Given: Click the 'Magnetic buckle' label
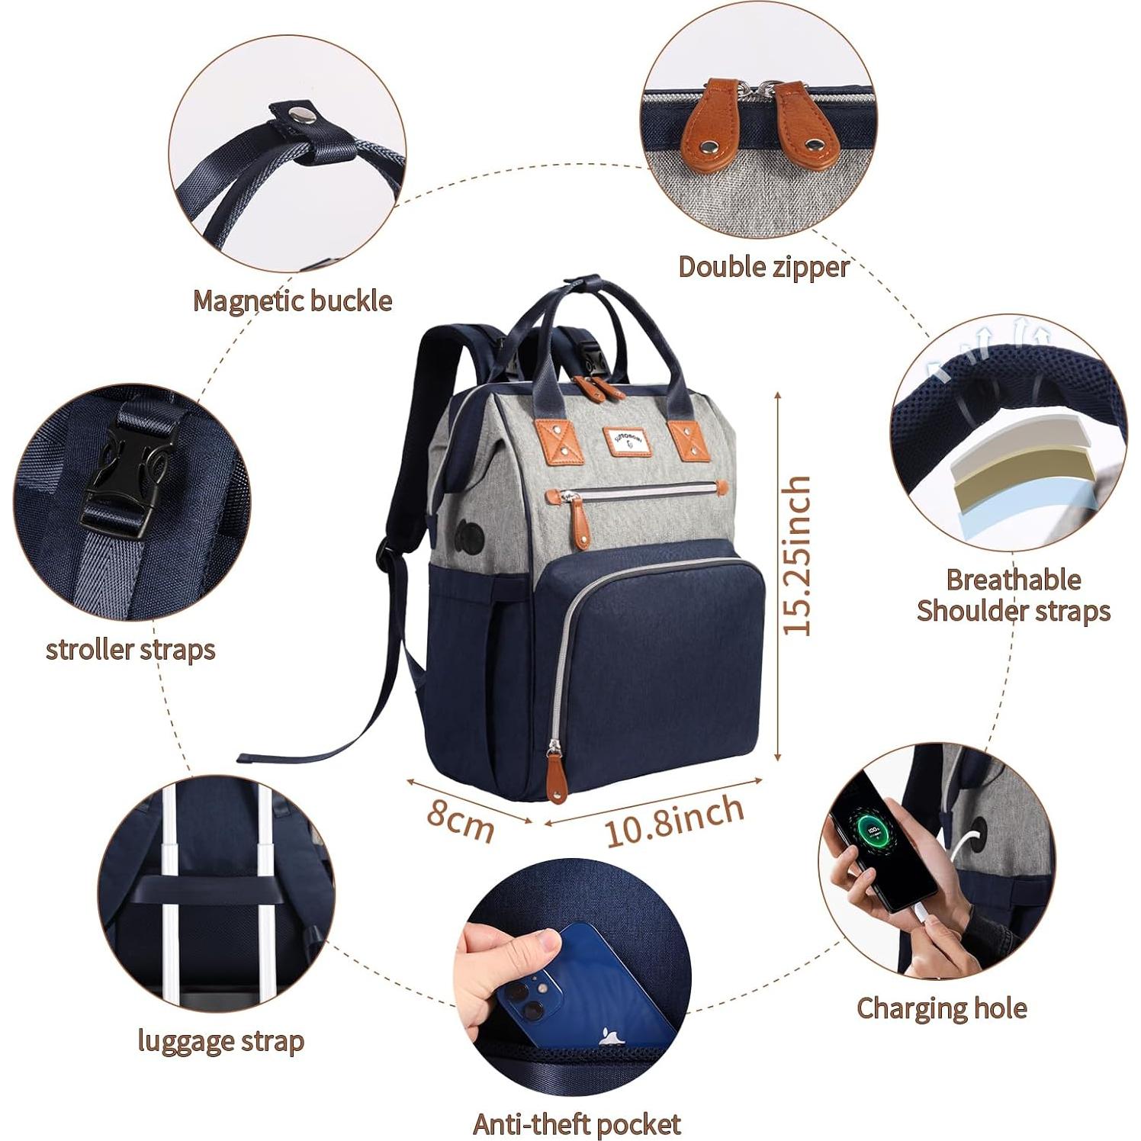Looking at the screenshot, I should coord(292,301).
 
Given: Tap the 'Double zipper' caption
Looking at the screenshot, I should coord(763,267).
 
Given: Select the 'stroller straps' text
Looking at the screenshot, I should coord(130,650).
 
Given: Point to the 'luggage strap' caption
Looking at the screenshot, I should coord(220,1040).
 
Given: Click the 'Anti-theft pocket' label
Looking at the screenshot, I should coord(577,1123).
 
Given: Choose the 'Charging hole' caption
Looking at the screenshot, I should coord(941,1008).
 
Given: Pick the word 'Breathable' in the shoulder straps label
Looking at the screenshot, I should coord(1013,580).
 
